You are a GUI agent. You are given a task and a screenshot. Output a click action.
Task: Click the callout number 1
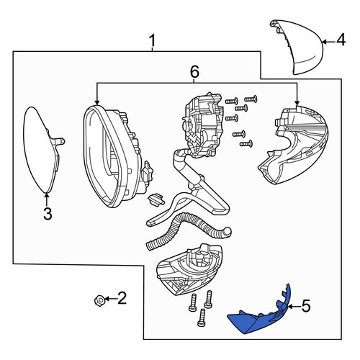153,40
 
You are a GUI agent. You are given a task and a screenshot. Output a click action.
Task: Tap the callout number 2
122,298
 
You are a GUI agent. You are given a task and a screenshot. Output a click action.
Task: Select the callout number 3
48,214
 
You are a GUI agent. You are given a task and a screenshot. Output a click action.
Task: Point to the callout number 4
341,40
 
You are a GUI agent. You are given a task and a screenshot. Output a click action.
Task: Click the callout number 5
306,306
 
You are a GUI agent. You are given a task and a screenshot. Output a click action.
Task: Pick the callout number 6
194,72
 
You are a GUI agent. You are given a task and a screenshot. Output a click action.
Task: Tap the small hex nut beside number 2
99,300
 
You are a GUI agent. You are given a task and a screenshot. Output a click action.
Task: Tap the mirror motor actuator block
203,125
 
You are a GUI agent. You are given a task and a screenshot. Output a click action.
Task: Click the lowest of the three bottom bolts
202,318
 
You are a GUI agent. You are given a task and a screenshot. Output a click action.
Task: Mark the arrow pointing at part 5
294,307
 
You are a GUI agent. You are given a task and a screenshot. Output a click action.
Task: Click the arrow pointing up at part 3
47,199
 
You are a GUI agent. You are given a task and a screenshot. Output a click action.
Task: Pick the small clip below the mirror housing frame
156,199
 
